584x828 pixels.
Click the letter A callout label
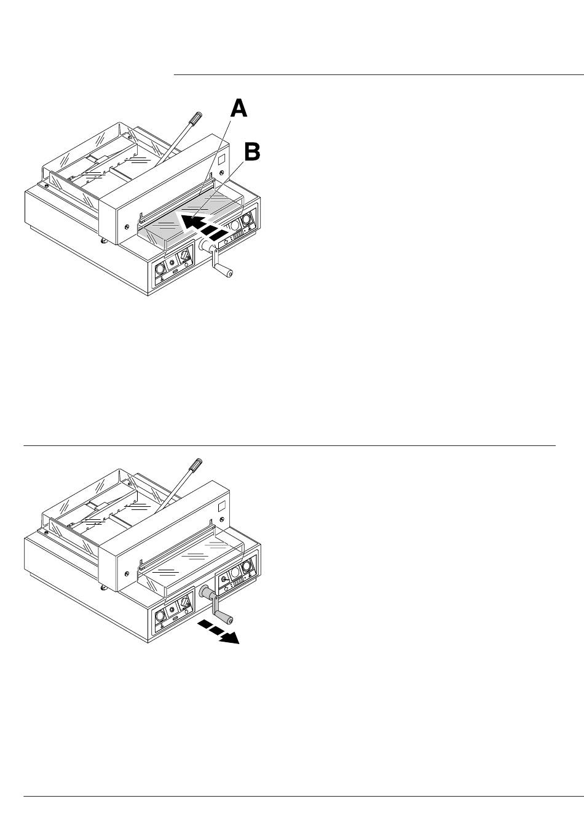(239, 109)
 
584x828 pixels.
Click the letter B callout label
(252, 152)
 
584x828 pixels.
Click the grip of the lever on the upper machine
(195, 118)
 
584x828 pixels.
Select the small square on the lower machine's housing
(223, 507)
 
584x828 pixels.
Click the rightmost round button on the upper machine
(247, 219)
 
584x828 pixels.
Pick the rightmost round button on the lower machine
(247, 565)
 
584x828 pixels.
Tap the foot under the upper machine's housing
(103, 241)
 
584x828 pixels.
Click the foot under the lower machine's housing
(103, 587)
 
